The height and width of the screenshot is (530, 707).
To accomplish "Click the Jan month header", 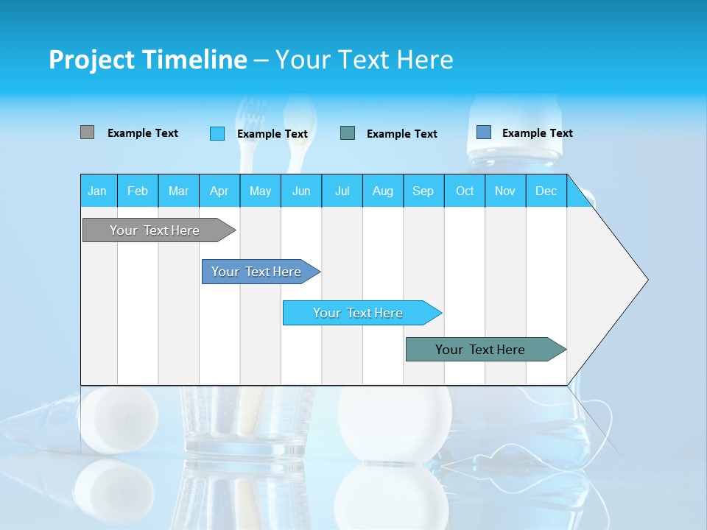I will [x=98, y=191].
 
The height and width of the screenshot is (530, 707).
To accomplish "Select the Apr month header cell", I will [x=219, y=191].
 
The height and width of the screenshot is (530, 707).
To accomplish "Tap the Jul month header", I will [x=342, y=191].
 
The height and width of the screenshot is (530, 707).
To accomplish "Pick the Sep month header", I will [x=423, y=191].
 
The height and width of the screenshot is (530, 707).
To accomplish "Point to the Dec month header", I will [x=546, y=191].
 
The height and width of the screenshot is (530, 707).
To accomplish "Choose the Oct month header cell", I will [x=465, y=191].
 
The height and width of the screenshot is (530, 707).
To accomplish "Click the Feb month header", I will [x=138, y=191].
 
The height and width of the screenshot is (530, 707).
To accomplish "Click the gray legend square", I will [x=87, y=132].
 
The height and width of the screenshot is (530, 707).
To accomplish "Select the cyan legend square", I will [x=217, y=133].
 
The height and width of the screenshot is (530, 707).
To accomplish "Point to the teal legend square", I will [x=348, y=133].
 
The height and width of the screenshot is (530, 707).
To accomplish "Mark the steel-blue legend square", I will [x=484, y=132].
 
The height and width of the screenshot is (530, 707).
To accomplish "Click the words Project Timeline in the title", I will [x=148, y=60].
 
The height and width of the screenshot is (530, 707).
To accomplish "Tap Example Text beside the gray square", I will [x=143, y=133].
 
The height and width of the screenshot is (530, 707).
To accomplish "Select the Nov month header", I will [x=505, y=191].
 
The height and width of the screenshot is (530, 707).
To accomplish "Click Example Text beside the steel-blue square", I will [x=538, y=133].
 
